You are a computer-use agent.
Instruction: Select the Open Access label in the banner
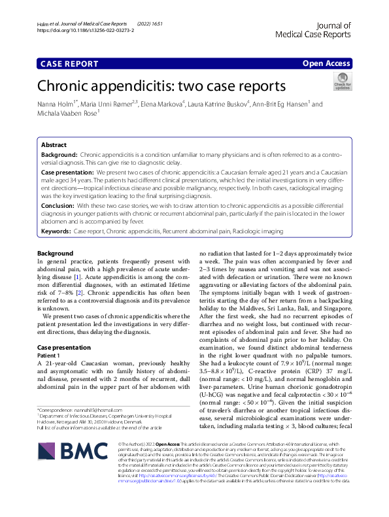(326, 63)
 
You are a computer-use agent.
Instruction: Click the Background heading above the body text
(55, 253)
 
